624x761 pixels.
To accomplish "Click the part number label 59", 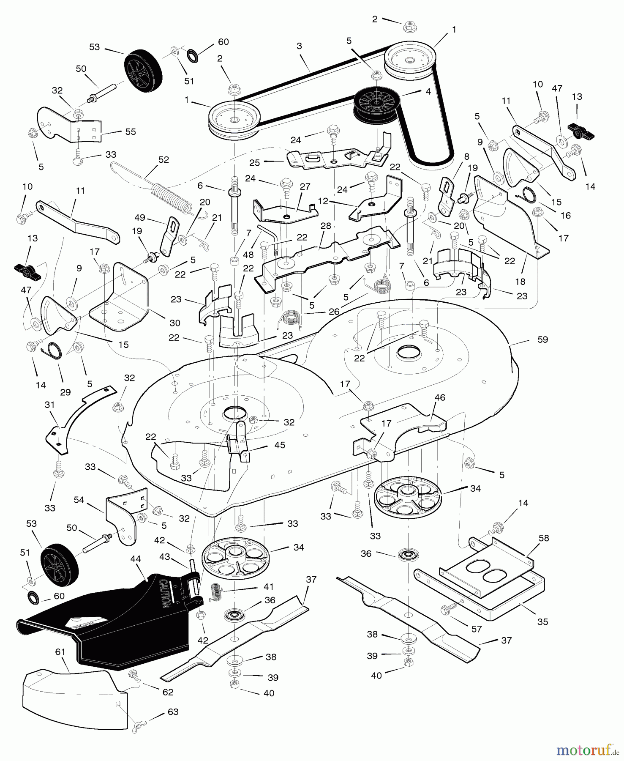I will (x=542, y=339).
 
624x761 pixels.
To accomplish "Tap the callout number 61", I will (x=60, y=652).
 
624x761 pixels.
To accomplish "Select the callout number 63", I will (x=173, y=712).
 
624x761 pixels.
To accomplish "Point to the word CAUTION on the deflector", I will (x=164, y=591).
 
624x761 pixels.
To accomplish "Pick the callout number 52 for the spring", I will (x=163, y=160).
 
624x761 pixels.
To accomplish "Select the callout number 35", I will (x=542, y=621).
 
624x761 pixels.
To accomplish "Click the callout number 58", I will (x=544, y=538).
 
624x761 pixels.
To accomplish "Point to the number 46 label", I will (x=440, y=397).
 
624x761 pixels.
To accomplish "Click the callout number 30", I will (x=174, y=323).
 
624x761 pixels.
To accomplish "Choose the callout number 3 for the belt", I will (x=299, y=46).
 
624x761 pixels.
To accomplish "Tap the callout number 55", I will (x=131, y=131).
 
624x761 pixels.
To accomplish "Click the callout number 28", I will (x=326, y=226).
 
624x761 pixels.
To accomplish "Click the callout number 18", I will (x=520, y=282).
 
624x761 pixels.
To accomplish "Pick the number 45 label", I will (x=280, y=445).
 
